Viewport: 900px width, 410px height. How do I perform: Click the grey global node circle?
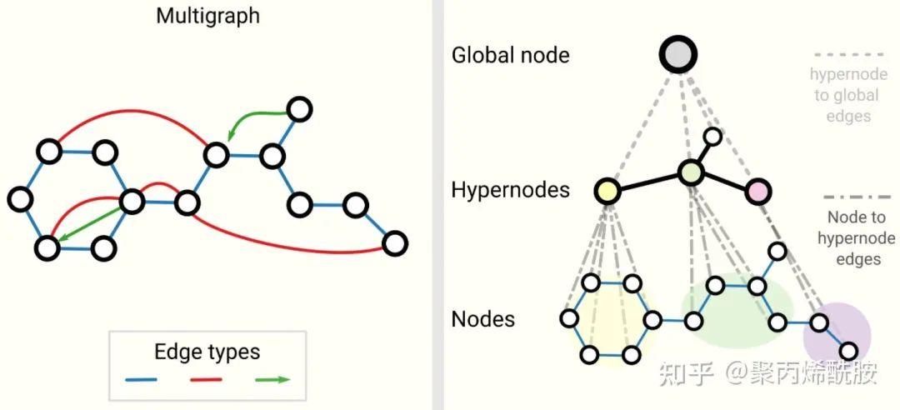pos(678,55)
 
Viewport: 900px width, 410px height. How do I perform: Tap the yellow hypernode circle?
pos(608,191)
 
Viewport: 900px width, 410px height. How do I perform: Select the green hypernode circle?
pos(692,173)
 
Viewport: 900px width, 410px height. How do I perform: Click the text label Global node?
pos(510,56)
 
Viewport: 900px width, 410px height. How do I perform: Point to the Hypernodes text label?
pos(510,190)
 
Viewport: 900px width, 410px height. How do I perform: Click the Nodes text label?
pos(483,318)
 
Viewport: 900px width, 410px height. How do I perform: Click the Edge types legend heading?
pos(207,352)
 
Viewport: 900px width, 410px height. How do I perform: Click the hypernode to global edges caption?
pos(847,95)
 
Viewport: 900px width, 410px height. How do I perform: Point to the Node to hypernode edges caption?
pos(847,238)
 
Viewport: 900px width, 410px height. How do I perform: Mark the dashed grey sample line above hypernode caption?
pos(847,56)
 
